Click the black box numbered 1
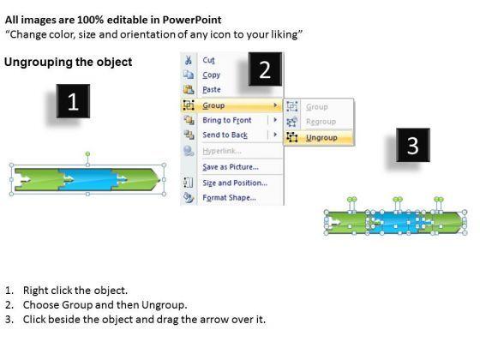click(73, 101)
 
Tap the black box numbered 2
click(265, 69)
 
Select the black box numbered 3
click(413, 145)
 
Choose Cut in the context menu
click(208, 60)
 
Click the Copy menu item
click(211, 75)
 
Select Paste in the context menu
click(212, 89)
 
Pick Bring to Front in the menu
click(227, 120)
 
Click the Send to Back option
click(225, 135)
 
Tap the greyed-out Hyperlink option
click(222, 151)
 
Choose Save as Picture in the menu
click(231, 167)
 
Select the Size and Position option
click(235, 183)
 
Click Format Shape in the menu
click(230, 197)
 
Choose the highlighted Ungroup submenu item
click(321, 138)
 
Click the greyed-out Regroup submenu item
click(321, 122)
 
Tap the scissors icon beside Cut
click(189, 60)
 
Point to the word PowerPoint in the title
click(192, 20)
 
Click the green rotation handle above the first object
click(87, 153)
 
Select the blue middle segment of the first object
click(87, 179)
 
